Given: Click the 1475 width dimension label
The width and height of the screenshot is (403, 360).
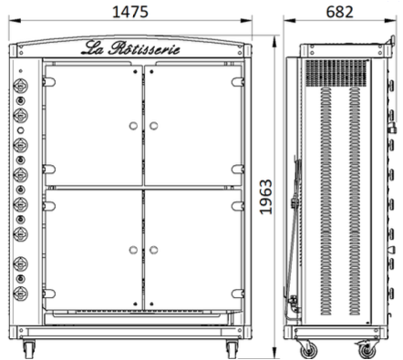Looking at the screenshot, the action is click(x=130, y=12).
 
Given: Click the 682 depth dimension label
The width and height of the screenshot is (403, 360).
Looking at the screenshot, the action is click(x=339, y=12).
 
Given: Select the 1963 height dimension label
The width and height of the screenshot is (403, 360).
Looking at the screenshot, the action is click(x=266, y=197).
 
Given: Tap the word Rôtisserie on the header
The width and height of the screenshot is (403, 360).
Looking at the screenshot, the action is click(x=144, y=48).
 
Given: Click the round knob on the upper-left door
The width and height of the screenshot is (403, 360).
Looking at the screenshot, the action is click(x=133, y=126).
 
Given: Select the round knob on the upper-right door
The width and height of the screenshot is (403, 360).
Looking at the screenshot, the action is click(x=153, y=126).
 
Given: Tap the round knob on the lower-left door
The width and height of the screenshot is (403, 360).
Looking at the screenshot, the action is click(x=133, y=250).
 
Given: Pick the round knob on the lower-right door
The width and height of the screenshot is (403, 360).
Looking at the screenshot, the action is click(x=153, y=250).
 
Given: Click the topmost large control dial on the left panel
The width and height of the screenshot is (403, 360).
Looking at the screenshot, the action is click(x=21, y=86).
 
